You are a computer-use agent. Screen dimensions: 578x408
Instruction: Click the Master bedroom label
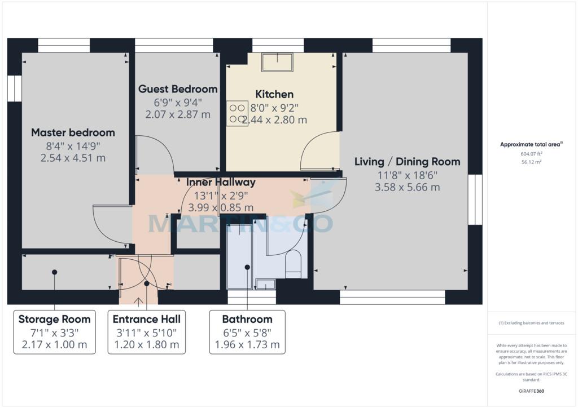73,132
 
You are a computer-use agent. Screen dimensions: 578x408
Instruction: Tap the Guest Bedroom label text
178,89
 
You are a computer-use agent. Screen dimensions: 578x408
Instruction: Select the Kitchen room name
274,94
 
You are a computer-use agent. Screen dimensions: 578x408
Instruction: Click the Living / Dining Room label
408,162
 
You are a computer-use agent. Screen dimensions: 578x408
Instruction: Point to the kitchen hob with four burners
237,113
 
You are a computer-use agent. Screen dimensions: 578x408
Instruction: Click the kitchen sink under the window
277,62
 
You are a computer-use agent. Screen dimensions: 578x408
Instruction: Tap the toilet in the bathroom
294,264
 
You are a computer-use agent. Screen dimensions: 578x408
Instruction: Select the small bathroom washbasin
265,285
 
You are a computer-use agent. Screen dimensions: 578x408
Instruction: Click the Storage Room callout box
55,332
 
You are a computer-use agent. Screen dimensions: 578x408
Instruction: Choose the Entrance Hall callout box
147,332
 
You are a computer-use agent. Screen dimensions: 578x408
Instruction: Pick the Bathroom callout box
247,332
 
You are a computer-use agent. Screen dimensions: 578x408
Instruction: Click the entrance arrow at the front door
138,302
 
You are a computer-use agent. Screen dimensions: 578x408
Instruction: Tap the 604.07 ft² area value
531,154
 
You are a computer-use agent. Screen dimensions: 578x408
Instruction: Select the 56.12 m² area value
531,162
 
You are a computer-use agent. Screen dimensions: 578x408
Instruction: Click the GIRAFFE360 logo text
531,391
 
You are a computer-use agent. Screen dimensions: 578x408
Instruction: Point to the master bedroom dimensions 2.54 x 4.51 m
73,158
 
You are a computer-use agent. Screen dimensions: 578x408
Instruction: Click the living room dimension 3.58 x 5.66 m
408,187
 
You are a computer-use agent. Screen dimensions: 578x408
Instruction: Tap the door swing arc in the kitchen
310,144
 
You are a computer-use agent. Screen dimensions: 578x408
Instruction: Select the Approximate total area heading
531,145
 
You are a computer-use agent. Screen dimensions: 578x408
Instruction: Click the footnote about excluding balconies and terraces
531,323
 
